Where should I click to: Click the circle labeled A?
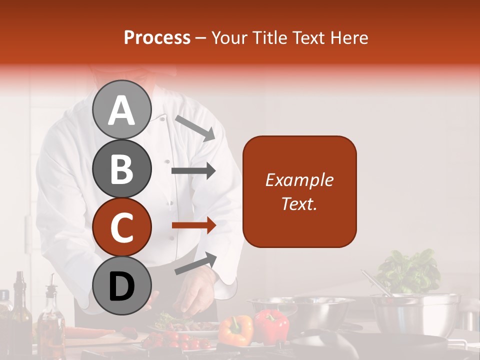[x=121, y=110]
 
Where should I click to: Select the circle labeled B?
[x=121, y=168]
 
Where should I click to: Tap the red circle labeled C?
[x=121, y=227]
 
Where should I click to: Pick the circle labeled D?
[x=121, y=285]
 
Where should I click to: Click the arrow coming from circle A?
[x=195, y=128]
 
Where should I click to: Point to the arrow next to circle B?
[x=193, y=171]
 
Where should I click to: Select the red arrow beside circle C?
[x=193, y=225]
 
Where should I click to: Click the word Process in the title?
[x=157, y=38]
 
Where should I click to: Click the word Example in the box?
[x=299, y=180]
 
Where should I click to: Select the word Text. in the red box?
[x=299, y=203]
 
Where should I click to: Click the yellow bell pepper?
[x=236, y=330]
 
